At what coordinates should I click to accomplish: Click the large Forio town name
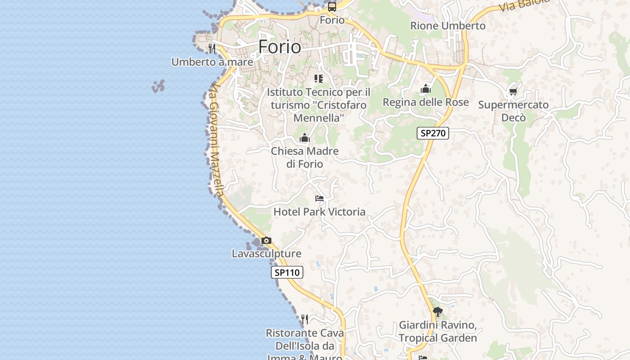[x=279, y=47]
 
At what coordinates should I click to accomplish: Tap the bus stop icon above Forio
[x=332, y=7]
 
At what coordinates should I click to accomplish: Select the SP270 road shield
[x=433, y=133]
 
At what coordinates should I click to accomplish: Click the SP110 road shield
[x=287, y=272]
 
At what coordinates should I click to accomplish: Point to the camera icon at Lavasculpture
[x=266, y=241]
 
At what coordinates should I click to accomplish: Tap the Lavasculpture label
[x=266, y=253]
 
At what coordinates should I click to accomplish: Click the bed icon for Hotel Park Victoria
[x=319, y=198]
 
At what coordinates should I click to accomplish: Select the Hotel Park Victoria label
[x=319, y=211]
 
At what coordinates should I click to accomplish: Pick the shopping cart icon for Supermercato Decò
[x=513, y=92]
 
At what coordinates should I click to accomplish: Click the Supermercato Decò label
[x=513, y=111]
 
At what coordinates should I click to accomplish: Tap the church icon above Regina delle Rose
[x=426, y=89]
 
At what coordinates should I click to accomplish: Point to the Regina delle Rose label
[x=426, y=102]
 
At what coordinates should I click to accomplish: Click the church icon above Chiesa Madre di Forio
[x=305, y=138]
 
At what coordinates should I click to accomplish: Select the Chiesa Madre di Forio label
[x=305, y=157]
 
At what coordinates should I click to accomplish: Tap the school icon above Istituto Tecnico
[x=319, y=79]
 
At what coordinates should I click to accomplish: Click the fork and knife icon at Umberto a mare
[x=212, y=48]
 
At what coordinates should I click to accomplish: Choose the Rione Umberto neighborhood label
[x=448, y=26]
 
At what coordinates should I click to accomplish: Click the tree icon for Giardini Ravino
[x=437, y=311]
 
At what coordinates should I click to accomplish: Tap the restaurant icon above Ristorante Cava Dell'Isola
[x=305, y=319]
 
